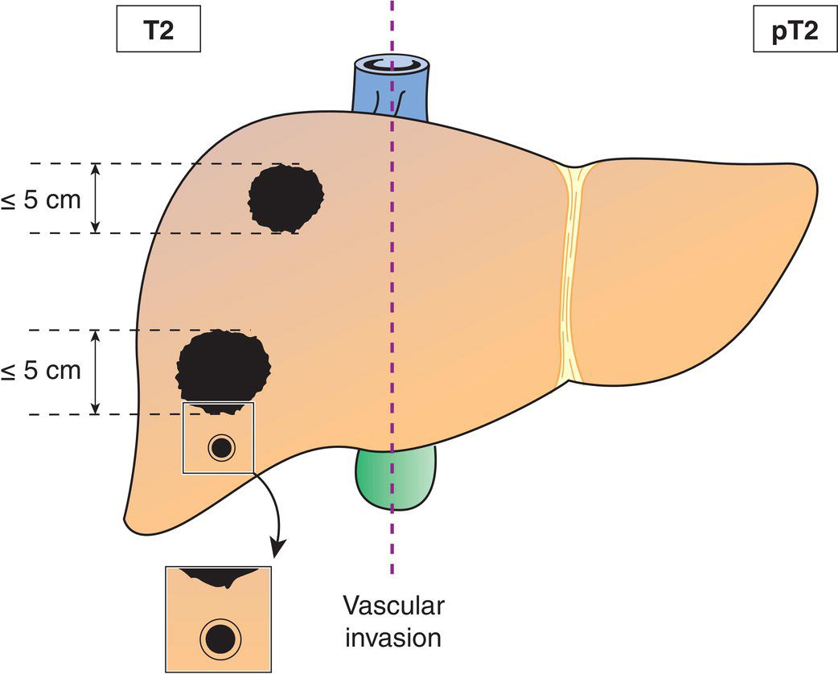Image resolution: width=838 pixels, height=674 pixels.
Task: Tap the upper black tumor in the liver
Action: (x=285, y=195)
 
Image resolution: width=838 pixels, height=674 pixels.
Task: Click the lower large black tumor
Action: (x=223, y=366)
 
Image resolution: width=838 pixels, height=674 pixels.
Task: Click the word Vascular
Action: (x=393, y=606)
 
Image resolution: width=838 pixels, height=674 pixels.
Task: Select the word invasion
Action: (x=393, y=639)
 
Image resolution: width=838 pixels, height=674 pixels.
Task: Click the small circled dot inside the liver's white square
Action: (x=220, y=448)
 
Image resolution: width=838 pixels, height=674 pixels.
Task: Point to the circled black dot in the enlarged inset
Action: (x=219, y=640)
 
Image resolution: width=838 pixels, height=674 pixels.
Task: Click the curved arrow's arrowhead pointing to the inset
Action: (x=278, y=549)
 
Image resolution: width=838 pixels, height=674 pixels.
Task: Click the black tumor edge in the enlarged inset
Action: (x=219, y=574)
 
